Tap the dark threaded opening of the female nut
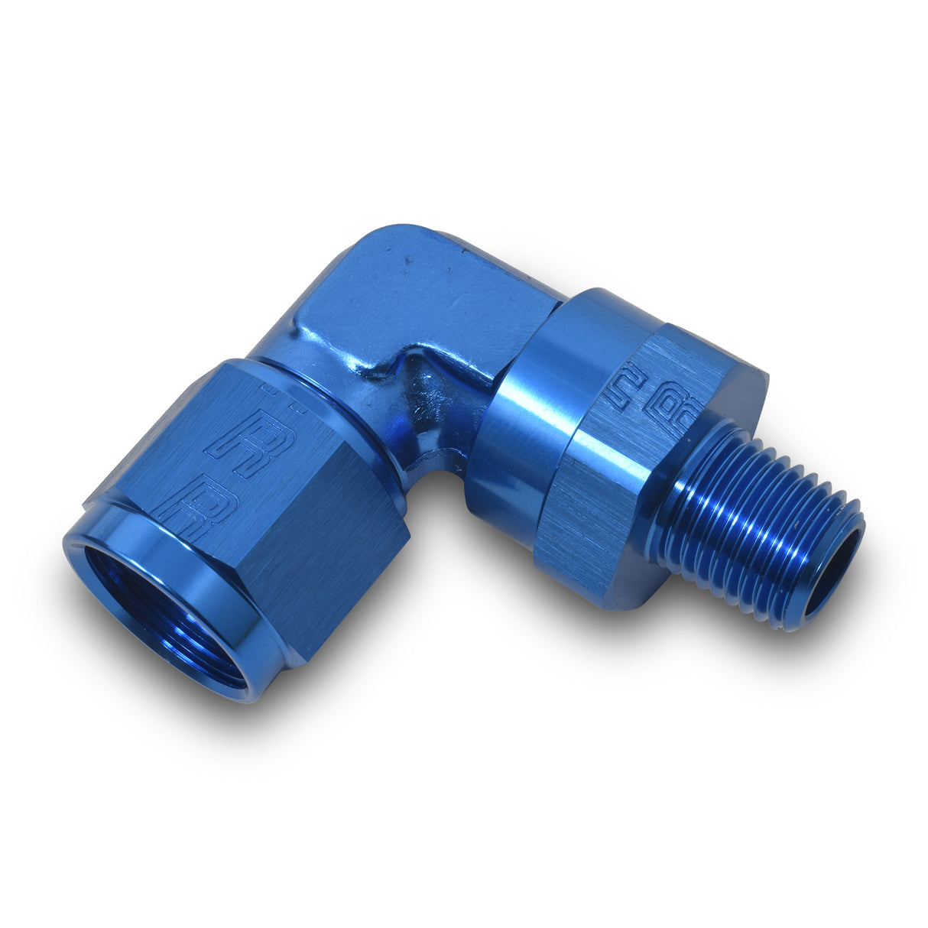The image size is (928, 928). pos(161,612)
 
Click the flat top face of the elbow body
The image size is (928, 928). pos(428,298)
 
